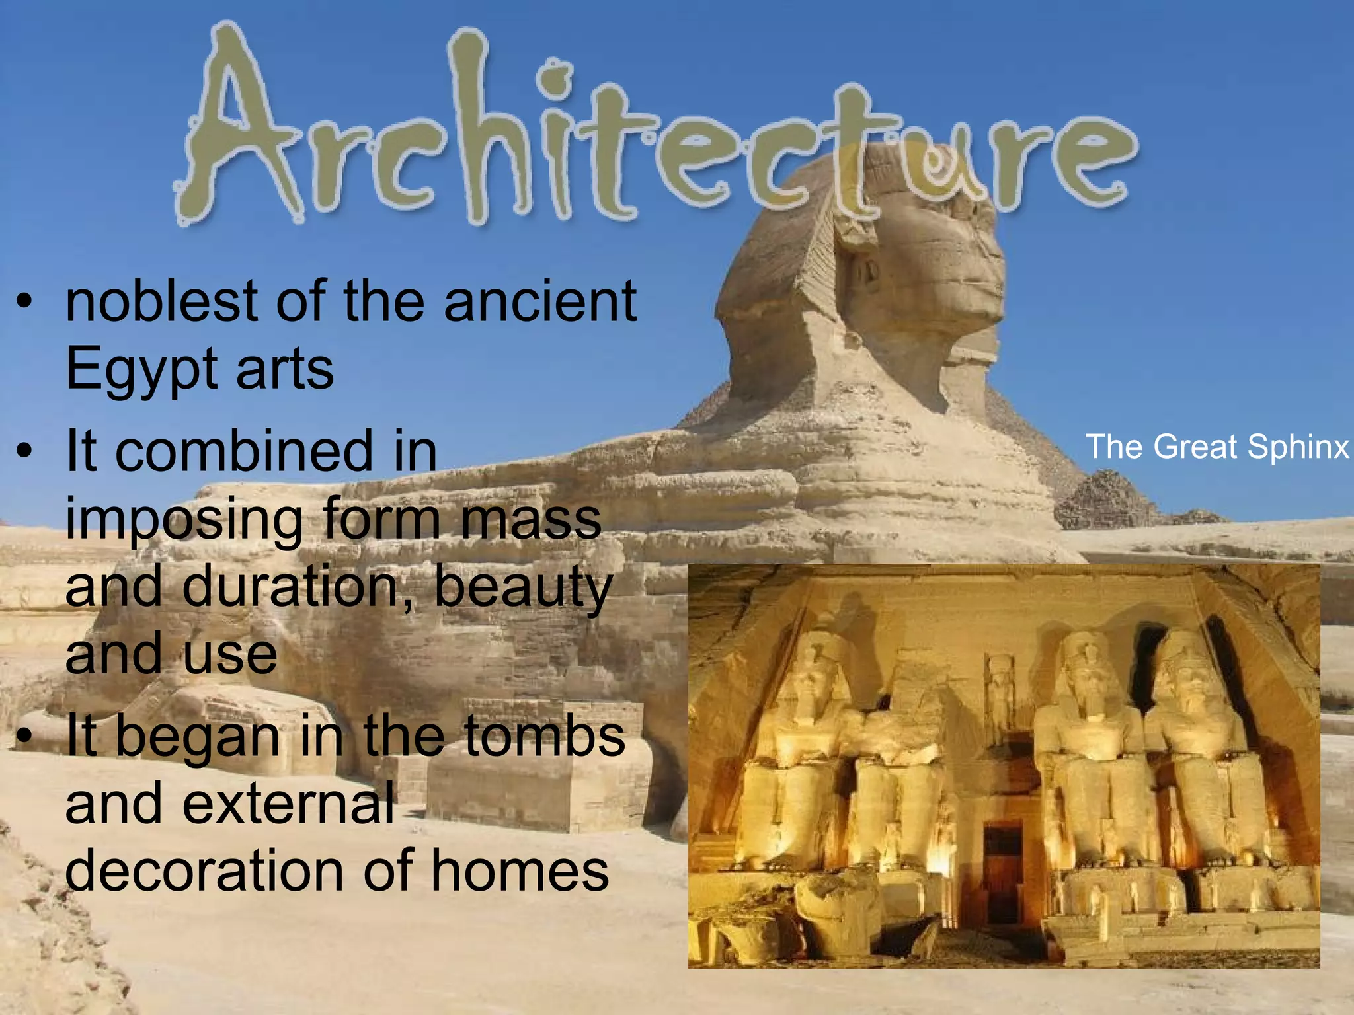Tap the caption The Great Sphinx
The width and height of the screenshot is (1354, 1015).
pos(1216,447)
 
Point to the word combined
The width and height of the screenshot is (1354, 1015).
pos(245,451)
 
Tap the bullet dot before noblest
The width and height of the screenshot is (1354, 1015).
pos(24,304)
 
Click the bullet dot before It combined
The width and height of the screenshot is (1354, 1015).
pos(24,453)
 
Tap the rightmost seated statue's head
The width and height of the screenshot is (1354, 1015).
pos(1186,667)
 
